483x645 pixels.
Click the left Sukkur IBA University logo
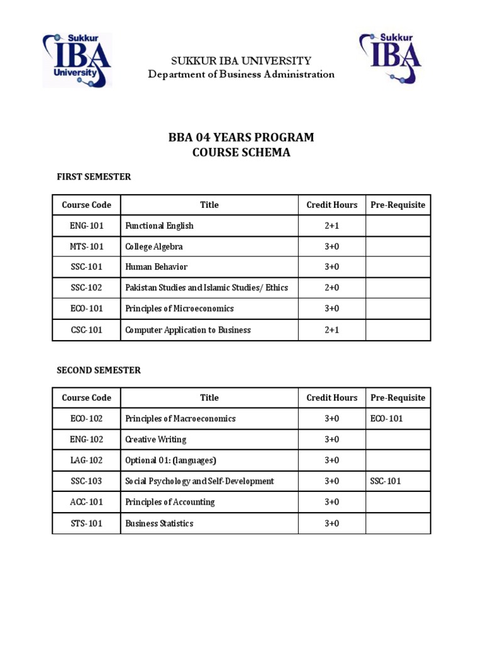[77, 60]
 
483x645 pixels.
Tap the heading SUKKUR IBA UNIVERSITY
[241, 61]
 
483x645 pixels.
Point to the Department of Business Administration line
[241, 74]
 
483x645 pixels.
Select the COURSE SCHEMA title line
[241, 152]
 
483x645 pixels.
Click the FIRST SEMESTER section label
[94, 177]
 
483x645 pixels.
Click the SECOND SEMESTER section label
[99, 370]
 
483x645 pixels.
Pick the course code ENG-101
[87, 225]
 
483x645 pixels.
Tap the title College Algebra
[154, 246]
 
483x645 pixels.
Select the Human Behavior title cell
[156, 267]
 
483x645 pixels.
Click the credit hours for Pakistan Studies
[331, 288]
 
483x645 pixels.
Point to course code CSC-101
[87, 330]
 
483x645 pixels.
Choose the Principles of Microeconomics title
[179, 309]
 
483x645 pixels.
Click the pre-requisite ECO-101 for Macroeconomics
[387, 419]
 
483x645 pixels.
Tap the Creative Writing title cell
[156, 440]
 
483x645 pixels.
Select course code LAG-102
[87, 460]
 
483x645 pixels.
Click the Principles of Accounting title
[170, 502]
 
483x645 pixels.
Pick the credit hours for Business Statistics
[331, 523]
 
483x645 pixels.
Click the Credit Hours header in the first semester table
[331, 205]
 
